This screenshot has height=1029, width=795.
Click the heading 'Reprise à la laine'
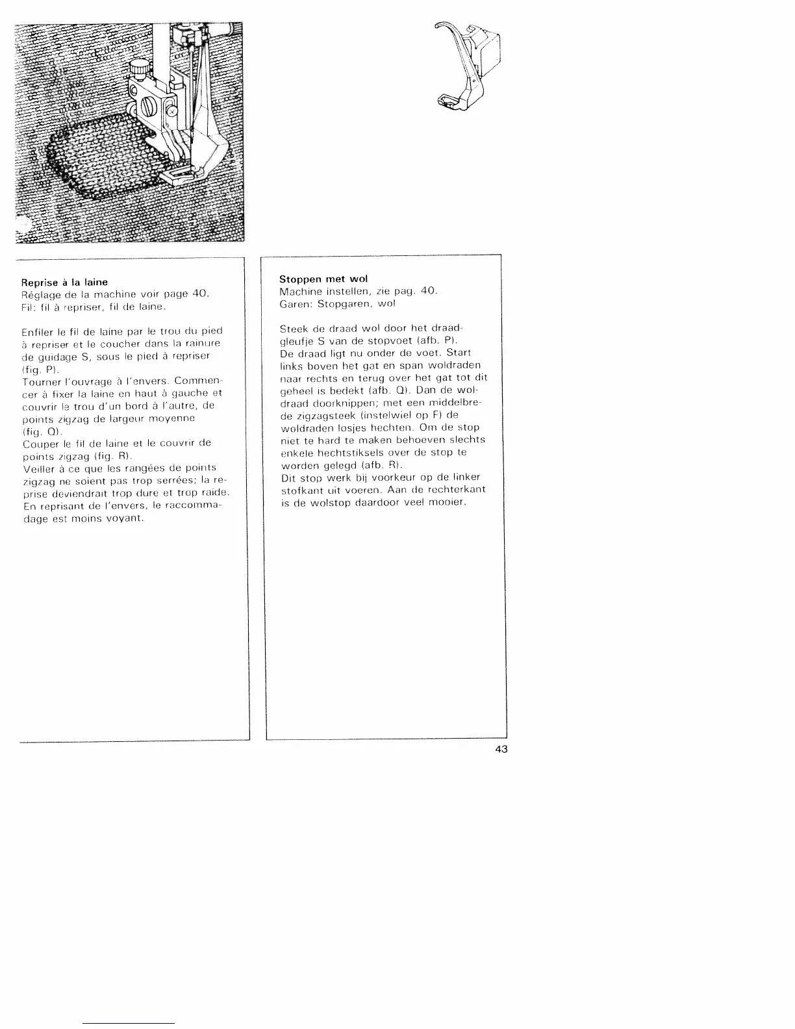point(64,283)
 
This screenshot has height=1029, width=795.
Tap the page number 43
point(501,749)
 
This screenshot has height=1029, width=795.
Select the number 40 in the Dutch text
point(428,291)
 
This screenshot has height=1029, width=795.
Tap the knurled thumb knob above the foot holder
point(137,68)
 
